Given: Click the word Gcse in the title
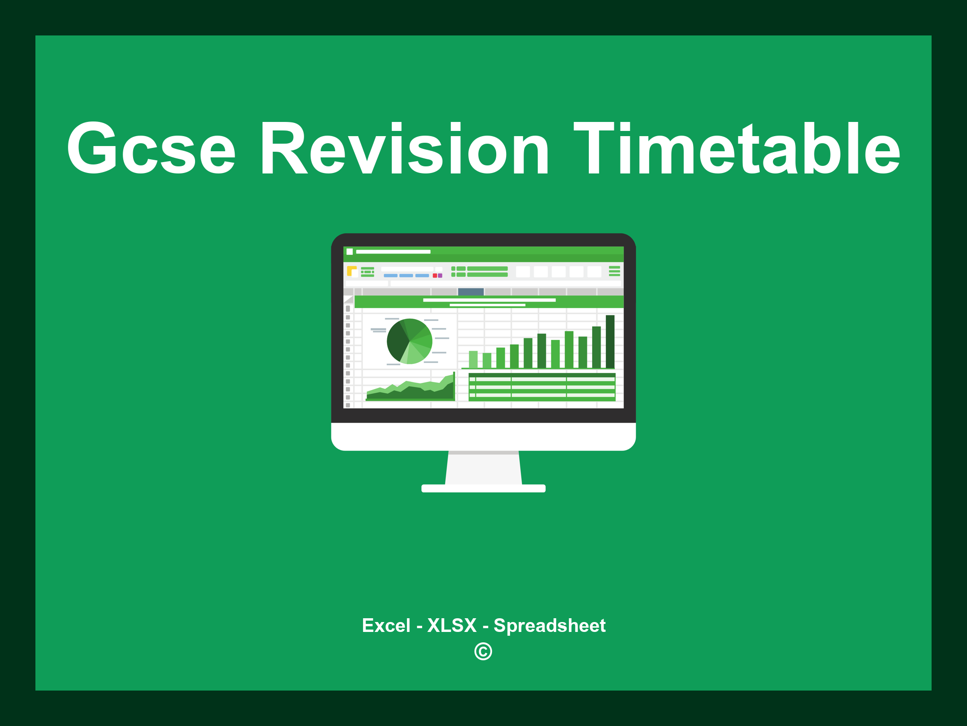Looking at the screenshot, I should pyautogui.click(x=151, y=149).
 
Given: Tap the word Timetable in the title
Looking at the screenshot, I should pyautogui.click(x=737, y=149).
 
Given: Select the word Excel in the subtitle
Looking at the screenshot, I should pyautogui.click(x=386, y=626).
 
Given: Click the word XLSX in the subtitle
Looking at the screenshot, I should pyautogui.click(x=452, y=626).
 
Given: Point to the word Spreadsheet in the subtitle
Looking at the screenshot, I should pyautogui.click(x=549, y=626).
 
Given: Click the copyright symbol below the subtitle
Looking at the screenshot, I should pyautogui.click(x=483, y=652).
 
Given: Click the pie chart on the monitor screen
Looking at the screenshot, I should pyautogui.click(x=409, y=341).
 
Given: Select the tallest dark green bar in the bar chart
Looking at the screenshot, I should pyautogui.click(x=610, y=341).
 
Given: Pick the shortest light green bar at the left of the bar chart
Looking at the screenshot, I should pyautogui.click(x=473, y=359).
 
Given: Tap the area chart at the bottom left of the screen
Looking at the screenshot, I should pyautogui.click(x=410, y=390).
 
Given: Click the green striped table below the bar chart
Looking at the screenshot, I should pyautogui.click(x=542, y=387).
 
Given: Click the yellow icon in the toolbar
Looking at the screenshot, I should pyautogui.click(x=351, y=271).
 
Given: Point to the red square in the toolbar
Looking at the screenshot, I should pyautogui.click(x=435, y=276).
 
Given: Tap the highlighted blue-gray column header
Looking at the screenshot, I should pyautogui.click(x=471, y=292).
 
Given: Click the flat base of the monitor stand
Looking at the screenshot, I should pyautogui.click(x=483, y=488).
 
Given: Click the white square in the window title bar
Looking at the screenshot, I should pyautogui.click(x=350, y=251).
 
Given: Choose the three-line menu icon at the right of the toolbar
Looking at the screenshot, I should pyautogui.click(x=614, y=271).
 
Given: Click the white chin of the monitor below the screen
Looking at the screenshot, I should pyautogui.click(x=483, y=436).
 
